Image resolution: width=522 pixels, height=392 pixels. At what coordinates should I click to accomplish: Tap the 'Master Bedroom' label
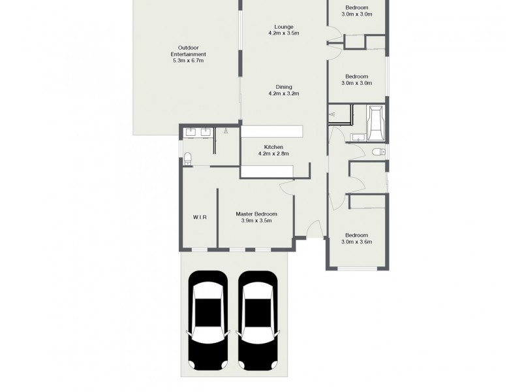[256, 214]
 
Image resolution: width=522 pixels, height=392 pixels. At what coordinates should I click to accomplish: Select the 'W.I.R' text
[200, 217]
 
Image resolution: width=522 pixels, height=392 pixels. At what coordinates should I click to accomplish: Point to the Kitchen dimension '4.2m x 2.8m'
[273, 154]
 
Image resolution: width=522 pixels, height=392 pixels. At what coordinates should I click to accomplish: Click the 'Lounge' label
[283, 27]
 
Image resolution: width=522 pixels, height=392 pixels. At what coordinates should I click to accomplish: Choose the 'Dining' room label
[283, 87]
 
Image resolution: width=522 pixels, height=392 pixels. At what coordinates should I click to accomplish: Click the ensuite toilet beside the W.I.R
[188, 157]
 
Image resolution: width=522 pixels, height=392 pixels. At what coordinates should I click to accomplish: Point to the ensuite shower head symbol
[226, 131]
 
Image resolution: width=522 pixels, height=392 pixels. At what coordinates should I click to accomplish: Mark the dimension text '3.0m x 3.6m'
[358, 242]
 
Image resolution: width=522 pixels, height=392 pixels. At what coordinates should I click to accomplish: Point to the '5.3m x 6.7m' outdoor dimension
[188, 61]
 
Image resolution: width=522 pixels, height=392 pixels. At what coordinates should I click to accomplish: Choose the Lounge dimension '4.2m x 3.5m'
[283, 33]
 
